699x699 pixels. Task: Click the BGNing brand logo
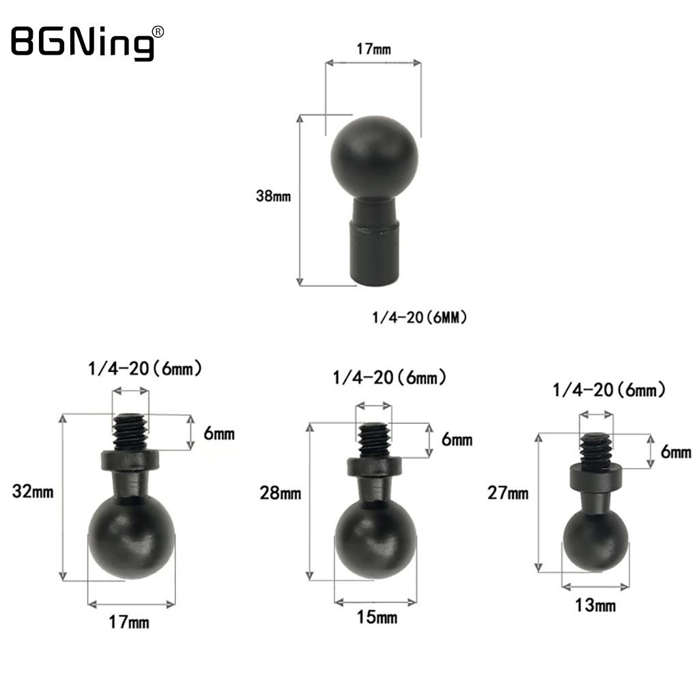(82, 42)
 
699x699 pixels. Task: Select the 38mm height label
(273, 197)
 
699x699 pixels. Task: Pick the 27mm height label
(509, 493)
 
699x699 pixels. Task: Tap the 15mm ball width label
(377, 618)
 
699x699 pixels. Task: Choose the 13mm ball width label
(596, 604)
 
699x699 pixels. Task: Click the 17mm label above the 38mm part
(373, 49)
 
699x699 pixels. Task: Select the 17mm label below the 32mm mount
(130, 622)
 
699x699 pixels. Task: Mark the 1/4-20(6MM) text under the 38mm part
(420, 317)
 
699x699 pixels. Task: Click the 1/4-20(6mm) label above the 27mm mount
(609, 390)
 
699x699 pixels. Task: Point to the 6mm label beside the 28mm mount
(457, 440)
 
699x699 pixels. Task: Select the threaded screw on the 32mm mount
(130, 432)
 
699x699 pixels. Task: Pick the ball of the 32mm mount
(131, 537)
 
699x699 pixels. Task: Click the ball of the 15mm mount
(375, 540)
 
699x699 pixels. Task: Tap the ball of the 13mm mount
(595, 541)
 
